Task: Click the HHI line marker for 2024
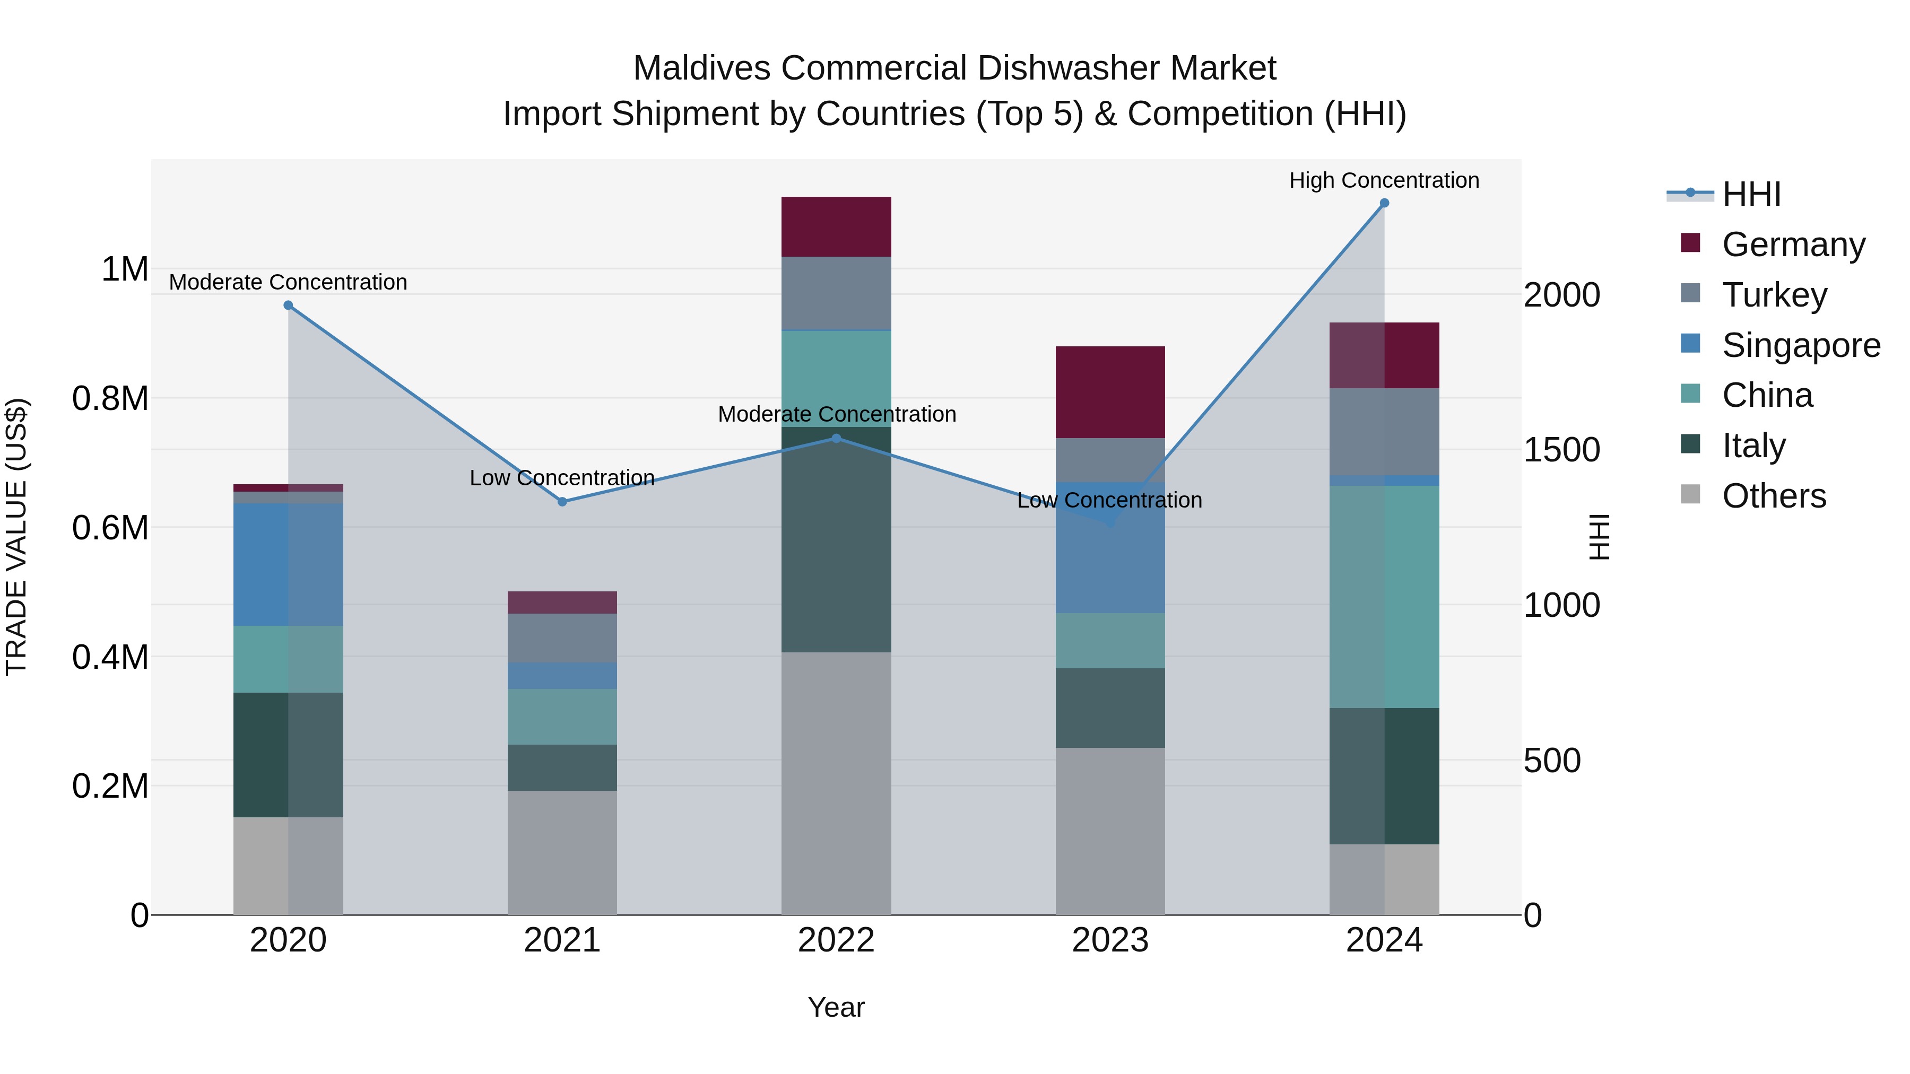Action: (1384, 203)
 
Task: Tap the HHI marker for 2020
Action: (289, 305)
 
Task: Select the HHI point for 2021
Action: (562, 502)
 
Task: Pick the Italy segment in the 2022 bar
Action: (836, 539)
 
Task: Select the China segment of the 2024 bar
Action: (1384, 597)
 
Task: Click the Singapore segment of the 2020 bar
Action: (289, 564)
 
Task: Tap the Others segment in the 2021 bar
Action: (562, 852)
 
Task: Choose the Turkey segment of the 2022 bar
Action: (836, 293)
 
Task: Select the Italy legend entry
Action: (1753, 446)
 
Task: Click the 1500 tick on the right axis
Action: (1561, 450)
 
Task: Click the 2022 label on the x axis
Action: (836, 940)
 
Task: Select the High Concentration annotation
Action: (1384, 180)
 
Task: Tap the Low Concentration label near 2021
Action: (562, 478)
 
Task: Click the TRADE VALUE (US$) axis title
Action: (16, 537)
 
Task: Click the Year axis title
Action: (836, 1007)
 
